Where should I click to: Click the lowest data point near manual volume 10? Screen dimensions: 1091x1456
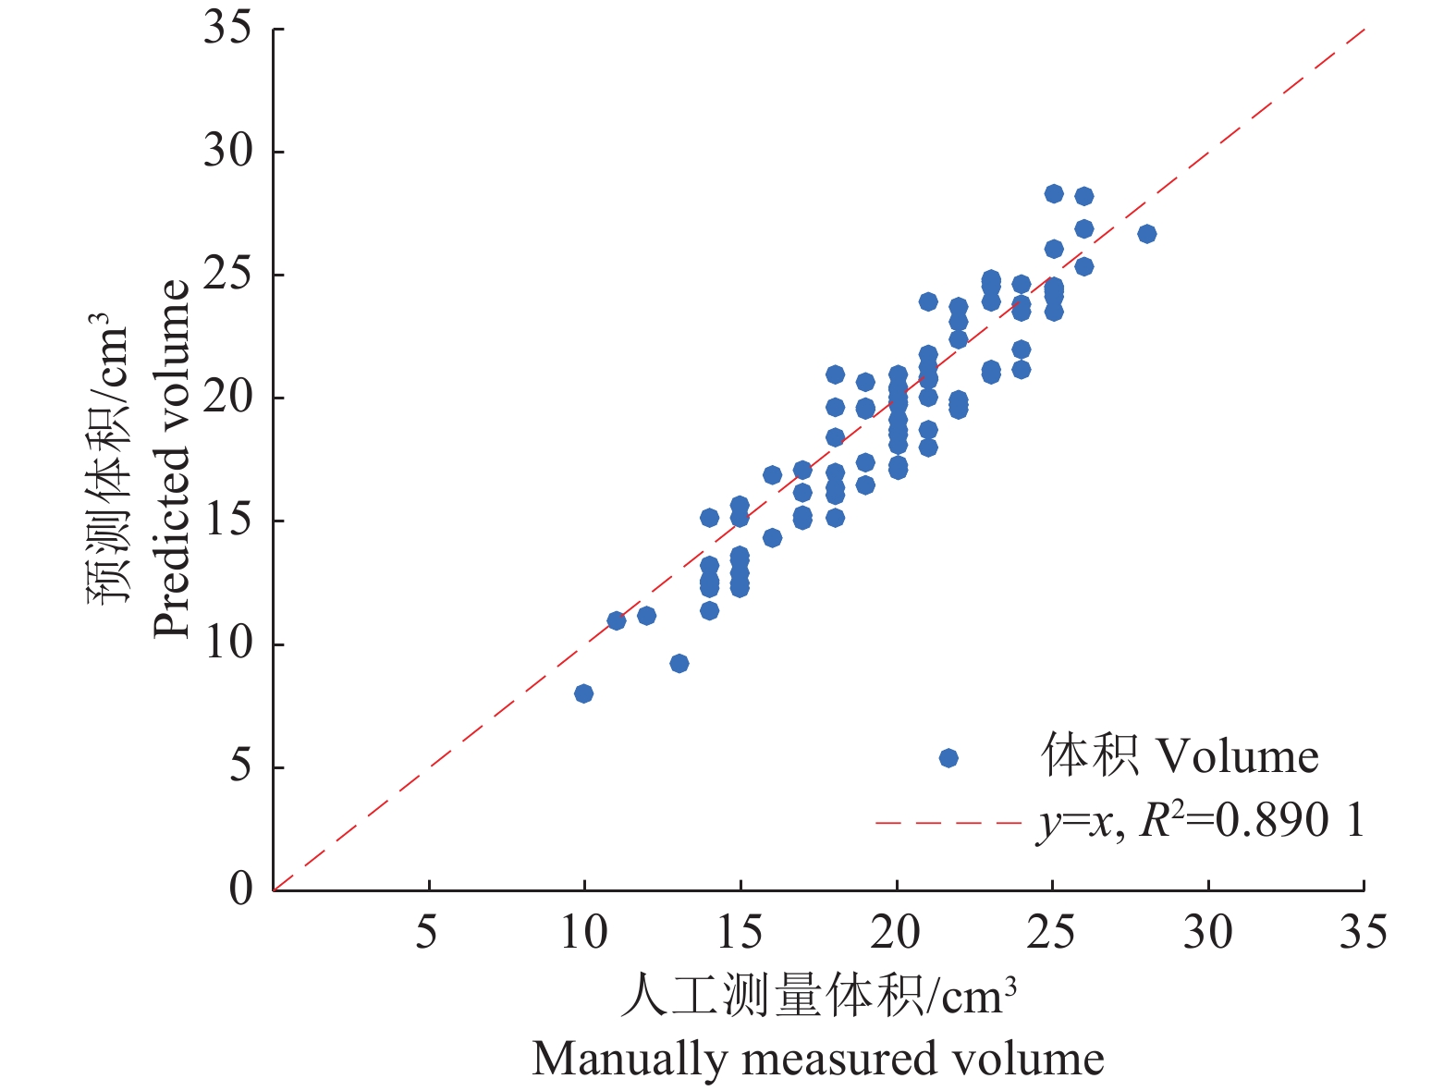[x=583, y=693]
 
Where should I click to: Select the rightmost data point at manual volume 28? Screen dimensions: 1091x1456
[x=1146, y=234]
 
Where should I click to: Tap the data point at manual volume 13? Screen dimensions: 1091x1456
[x=679, y=664]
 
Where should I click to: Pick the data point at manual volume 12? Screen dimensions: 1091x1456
[x=646, y=616]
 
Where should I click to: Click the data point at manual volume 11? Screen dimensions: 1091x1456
[x=617, y=620]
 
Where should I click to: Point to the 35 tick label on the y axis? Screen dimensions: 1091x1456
[x=227, y=28]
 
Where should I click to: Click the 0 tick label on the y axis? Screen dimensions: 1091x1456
[x=240, y=889]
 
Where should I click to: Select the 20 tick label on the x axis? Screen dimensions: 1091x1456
[x=895, y=933]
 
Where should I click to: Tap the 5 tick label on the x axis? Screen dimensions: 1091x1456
[x=426, y=933]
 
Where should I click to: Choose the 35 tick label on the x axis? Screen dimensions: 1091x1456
[x=1364, y=933]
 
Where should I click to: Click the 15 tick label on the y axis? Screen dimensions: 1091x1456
[x=227, y=521]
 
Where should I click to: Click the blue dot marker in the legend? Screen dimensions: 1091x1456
[x=948, y=758]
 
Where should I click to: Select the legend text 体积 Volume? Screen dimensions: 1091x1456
[x=1180, y=756]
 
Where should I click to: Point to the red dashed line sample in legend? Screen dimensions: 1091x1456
[x=948, y=822]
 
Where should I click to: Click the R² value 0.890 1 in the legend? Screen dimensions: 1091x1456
[x=1289, y=820]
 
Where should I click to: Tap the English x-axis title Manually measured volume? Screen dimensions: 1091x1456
[x=818, y=1059]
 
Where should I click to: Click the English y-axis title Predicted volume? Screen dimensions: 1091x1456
[x=172, y=459]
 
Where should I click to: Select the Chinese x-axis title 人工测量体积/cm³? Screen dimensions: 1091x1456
[x=818, y=996]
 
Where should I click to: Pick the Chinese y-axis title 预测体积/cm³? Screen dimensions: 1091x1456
[x=109, y=459]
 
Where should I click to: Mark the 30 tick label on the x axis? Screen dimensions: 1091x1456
[x=1207, y=933]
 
